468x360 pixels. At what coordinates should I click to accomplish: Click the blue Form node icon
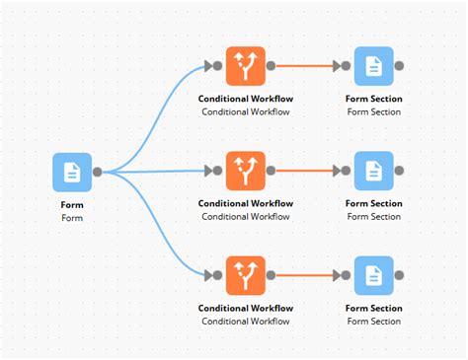tap(71, 173)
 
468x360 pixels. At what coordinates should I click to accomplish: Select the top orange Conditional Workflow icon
tap(246, 66)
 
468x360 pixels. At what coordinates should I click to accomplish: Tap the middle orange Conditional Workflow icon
tap(246, 171)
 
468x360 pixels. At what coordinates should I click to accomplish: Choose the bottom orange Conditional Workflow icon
tap(246, 275)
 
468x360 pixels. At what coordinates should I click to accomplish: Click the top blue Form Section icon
tap(373, 66)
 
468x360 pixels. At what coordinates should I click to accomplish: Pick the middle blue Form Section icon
tap(373, 171)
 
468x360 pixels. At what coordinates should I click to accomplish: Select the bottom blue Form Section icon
tap(373, 275)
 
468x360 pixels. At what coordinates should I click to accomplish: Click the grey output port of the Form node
tap(97, 173)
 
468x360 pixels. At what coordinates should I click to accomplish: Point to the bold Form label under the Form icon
tap(71, 205)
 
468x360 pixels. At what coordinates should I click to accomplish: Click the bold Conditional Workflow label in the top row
tap(246, 99)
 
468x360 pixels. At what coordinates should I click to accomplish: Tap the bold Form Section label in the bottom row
tap(373, 308)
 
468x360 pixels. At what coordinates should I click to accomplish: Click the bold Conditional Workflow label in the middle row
tap(246, 203)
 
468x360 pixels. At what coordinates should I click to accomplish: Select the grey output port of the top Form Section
tap(399, 66)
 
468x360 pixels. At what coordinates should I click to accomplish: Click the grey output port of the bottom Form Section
tap(399, 275)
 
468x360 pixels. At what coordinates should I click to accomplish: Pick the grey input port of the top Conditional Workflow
tap(218, 66)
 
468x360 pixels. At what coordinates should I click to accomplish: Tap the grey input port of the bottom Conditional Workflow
tap(218, 275)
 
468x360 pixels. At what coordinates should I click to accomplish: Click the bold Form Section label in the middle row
tap(373, 203)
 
